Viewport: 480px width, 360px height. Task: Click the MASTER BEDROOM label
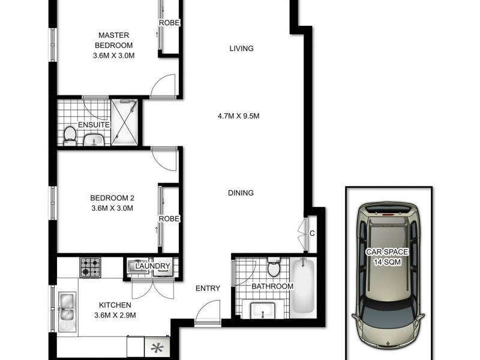(x=114, y=40)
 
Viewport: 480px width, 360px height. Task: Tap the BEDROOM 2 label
(x=111, y=198)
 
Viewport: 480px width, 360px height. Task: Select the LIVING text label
(x=242, y=49)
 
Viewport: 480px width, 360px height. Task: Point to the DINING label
(x=241, y=193)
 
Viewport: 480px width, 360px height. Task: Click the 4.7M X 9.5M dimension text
(x=238, y=116)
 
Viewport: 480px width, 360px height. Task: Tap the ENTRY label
(x=208, y=288)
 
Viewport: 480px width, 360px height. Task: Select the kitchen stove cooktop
(x=90, y=266)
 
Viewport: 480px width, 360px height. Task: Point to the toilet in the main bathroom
(x=274, y=266)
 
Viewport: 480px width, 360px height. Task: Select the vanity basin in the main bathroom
(x=263, y=310)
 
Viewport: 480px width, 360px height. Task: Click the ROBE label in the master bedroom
(x=169, y=23)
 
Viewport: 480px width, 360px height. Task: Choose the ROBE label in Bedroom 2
(x=169, y=219)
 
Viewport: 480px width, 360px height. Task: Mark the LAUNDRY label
(x=154, y=266)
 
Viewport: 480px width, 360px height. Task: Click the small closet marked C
(x=312, y=233)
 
